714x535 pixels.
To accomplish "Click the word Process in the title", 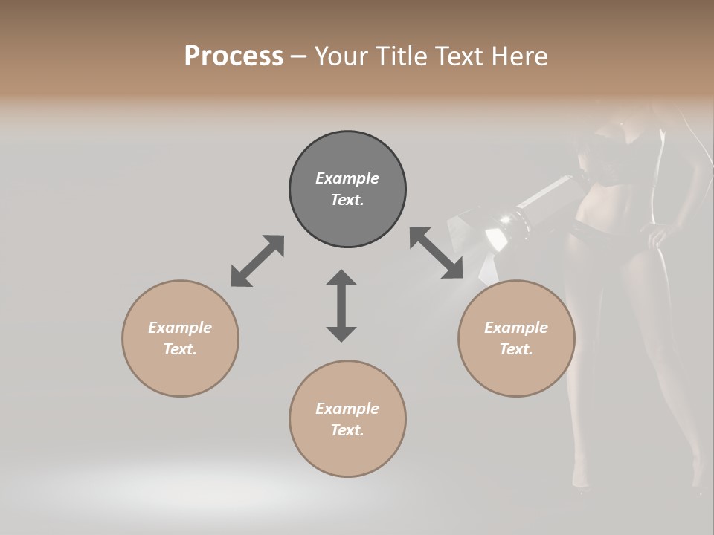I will pyautogui.click(x=234, y=56).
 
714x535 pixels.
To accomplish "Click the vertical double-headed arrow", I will pyautogui.click(x=341, y=306).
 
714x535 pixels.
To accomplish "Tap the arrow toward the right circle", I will pyautogui.click(x=437, y=253).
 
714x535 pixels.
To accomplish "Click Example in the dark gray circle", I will pyautogui.click(x=347, y=178).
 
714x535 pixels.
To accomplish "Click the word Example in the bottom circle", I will pyautogui.click(x=347, y=409).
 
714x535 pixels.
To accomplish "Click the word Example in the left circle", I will pyautogui.click(x=180, y=328).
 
